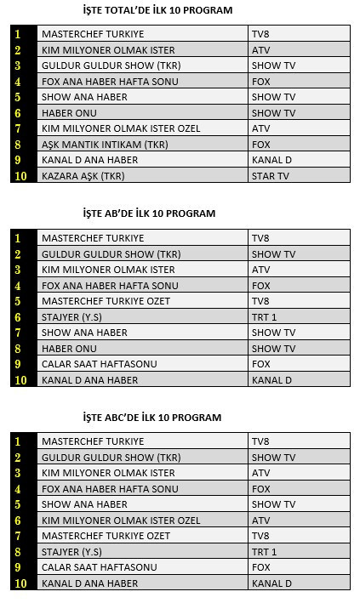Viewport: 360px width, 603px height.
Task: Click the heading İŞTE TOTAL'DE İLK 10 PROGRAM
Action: click(157, 9)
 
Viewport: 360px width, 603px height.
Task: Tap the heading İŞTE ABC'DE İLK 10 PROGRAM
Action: click(152, 418)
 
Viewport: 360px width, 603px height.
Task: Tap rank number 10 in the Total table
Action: click(19, 176)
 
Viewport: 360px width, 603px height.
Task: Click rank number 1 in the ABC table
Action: click(18, 442)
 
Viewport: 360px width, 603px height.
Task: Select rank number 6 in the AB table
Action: click(18, 317)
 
